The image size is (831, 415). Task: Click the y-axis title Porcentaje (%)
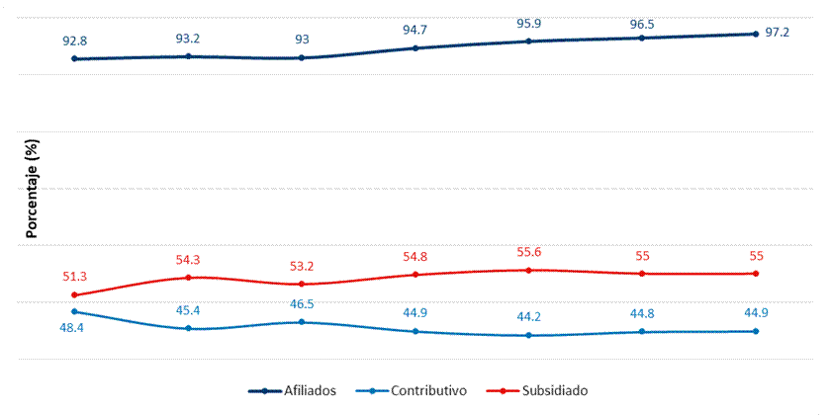(32, 190)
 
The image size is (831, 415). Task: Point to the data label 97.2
(777, 33)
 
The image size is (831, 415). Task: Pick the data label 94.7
(415, 30)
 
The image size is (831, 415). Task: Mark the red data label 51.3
(75, 277)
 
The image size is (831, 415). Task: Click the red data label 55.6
(528, 252)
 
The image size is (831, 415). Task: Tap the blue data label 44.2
(528, 317)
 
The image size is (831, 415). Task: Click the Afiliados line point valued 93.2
(188, 56)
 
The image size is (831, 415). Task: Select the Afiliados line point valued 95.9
(528, 41)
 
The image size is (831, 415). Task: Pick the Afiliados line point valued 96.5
(642, 38)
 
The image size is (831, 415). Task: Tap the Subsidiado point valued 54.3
(188, 278)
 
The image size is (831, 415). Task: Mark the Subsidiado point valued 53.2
(302, 284)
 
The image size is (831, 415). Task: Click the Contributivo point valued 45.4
(188, 328)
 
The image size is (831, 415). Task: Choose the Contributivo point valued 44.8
(642, 331)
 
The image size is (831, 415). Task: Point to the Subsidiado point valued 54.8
(415, 275)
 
